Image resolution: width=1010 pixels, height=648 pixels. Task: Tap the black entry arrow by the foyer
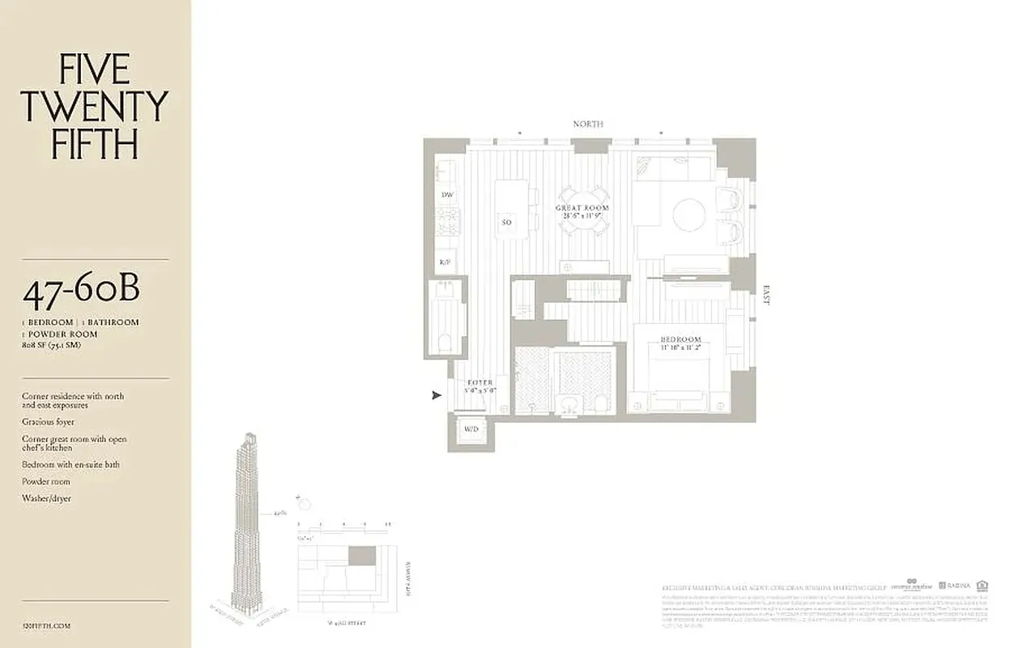pos(437,395)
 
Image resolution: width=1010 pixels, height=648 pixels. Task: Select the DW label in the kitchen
pos(446,195)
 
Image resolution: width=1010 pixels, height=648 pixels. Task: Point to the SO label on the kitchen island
pos(507,222)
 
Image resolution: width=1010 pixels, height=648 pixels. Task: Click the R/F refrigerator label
pos(445,262)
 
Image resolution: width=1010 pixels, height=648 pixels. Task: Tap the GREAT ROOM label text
pos(582,208)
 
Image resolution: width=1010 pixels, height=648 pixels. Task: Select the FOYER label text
pos(479,383)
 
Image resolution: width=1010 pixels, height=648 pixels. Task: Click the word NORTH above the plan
pos(588,124)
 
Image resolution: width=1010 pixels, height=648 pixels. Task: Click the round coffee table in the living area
pos(689,215)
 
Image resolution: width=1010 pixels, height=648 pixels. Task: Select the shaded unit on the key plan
pos(362,556)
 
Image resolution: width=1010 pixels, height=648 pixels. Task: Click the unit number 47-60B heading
pos(81,292)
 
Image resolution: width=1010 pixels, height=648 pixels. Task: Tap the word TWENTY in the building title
pos(94,107)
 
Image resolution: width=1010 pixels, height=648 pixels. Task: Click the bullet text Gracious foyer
pos(48,422)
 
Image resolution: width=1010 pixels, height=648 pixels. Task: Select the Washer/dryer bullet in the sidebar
pos(46,498)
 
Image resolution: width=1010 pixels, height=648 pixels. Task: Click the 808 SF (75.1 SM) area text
pos(52,345)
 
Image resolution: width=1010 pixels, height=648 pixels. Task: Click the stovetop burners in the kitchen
pos(447,220)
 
